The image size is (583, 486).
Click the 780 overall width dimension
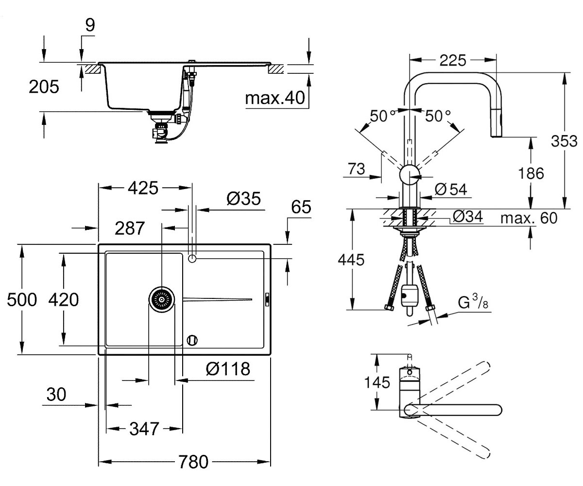(x=193, y=462)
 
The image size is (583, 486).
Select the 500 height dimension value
(x=22, y=300)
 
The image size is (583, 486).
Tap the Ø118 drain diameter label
(x=228, y=369)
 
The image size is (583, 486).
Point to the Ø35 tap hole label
(x=243, y=199)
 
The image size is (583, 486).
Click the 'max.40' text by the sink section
(x=275, y=98)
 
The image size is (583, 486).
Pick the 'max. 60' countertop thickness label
(x=529, y=218)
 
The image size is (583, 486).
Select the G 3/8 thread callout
(x=473, y=302)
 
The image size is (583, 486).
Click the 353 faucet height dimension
(x=564, y=141)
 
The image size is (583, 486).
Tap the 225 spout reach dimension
(x=453, y=60)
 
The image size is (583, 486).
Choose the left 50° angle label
(x=382, y=116)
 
